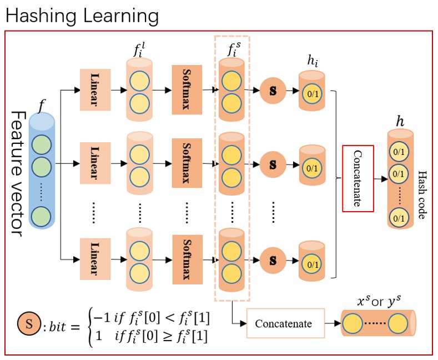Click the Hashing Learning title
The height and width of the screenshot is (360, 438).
(82, 16)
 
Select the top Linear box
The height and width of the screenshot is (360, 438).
(96, 89)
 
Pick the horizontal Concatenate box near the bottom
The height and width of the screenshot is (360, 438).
(284, 323)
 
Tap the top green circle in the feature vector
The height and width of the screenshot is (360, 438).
(41, 146)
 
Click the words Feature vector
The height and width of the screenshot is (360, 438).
(17, 173)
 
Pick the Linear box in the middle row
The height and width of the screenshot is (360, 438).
(96, 164)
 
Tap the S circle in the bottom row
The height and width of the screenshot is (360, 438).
(273, 259)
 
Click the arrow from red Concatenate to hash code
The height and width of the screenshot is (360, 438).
(381, 179)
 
